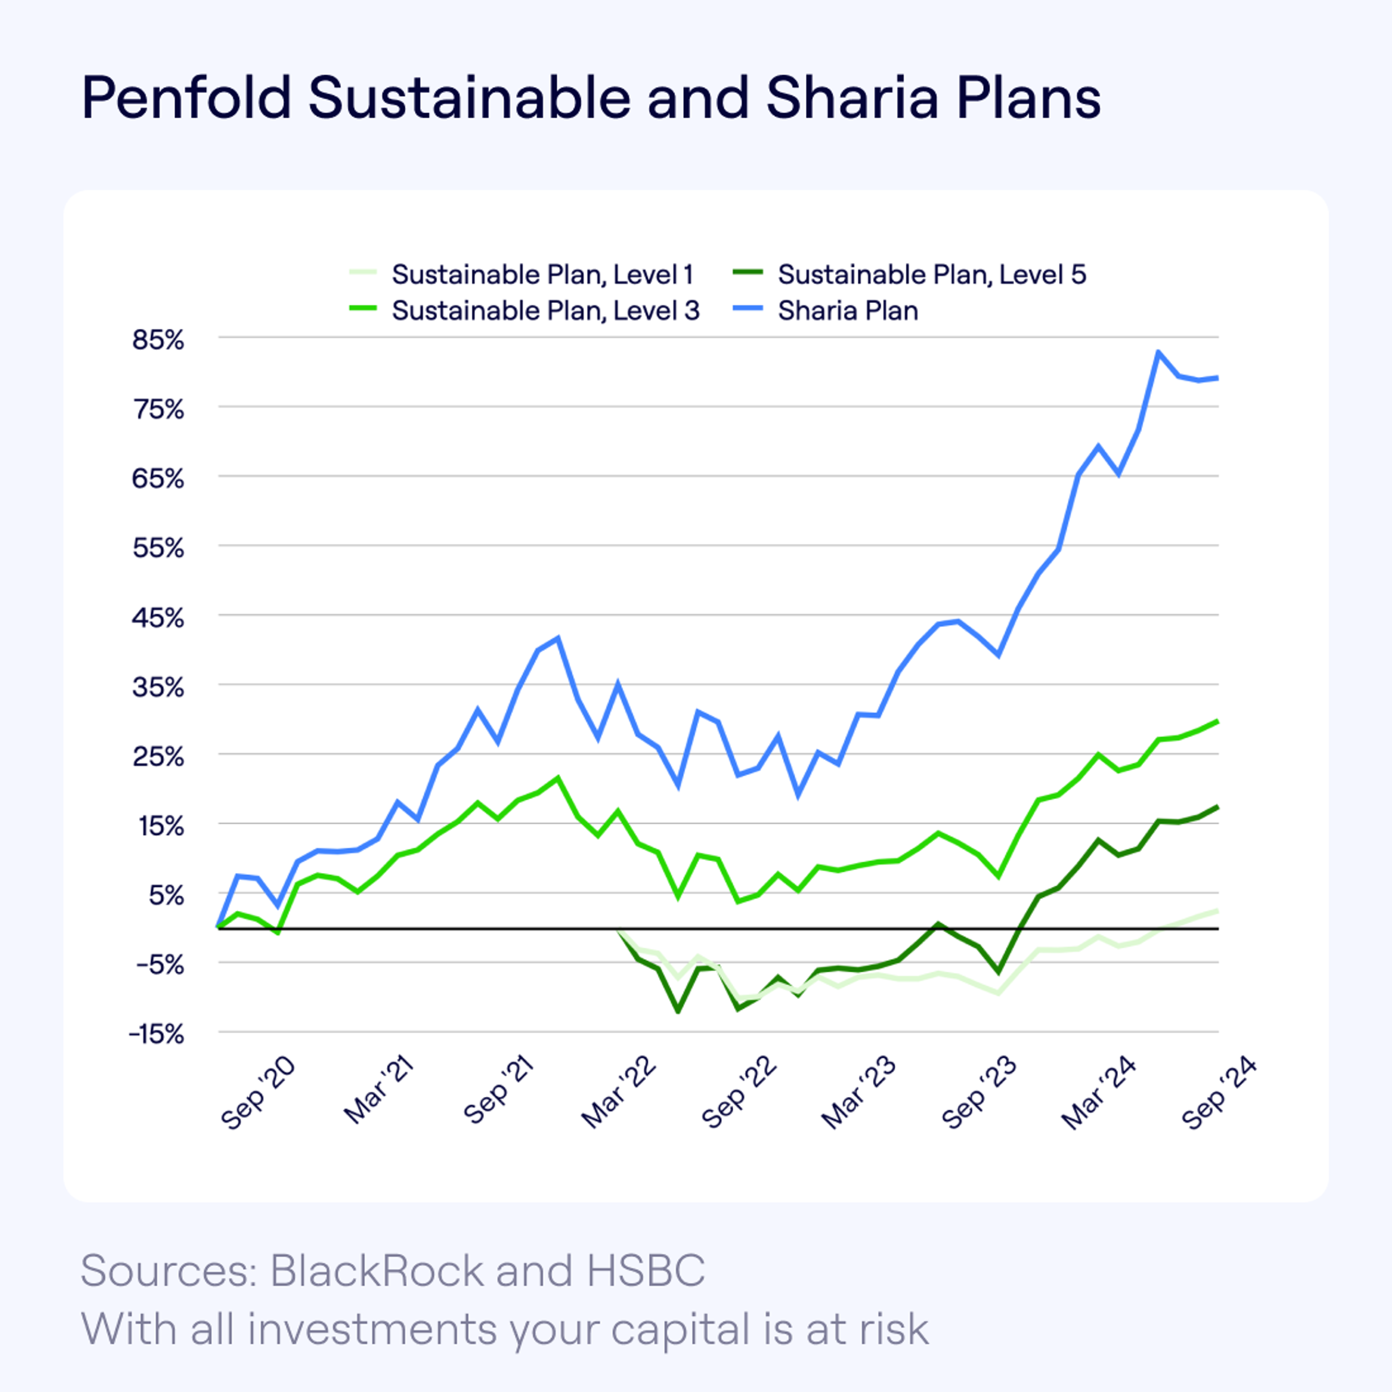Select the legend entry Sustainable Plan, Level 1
click(542, 274)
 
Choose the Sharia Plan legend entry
click(847, 311)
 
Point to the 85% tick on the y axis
click(158, 339)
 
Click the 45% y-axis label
click(158, 617)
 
